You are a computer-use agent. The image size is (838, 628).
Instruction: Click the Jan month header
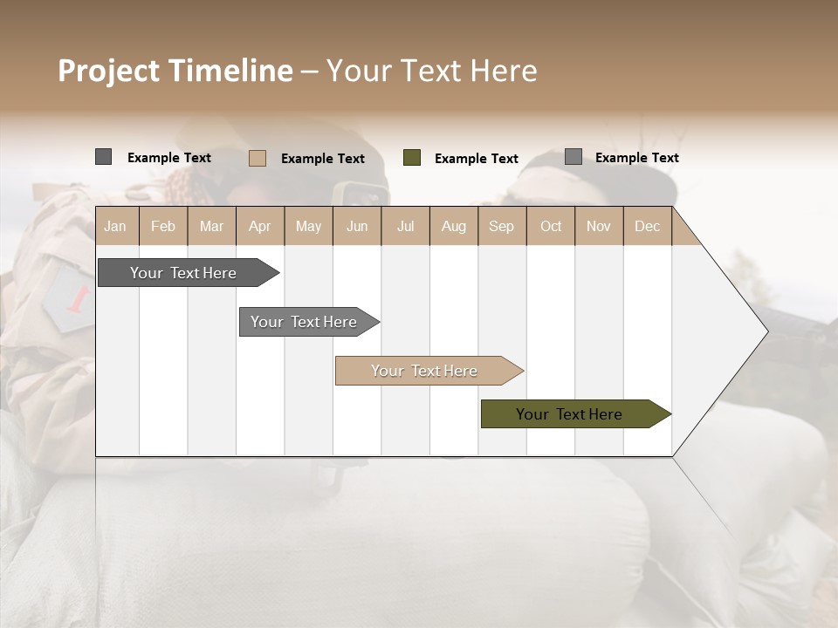pyautogui.click(x=115, y=226)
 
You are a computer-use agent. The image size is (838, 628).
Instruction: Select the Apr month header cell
pyautogui.click(x=259, y=226)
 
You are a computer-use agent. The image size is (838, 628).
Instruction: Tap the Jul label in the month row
pyautogui.click(x=405, y=226)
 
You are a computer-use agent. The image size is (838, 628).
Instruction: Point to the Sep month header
pyautogui.click(x=501, y=226)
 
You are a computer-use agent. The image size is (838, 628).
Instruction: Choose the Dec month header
pyautogui.click(x=647, y=226)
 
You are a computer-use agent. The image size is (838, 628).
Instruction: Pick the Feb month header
pyautogui.click(x=163, y=226)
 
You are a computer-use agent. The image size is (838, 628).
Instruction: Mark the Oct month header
pyautogui.click(x=551, y=226)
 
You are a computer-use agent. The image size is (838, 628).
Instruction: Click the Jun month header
pyautogui.click(x=357, y=226)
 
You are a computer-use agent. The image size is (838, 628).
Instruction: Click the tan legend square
pyautogui.click(x=258, y=158)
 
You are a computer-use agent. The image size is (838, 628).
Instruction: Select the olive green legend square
pyautogui.click(x=412, y=157)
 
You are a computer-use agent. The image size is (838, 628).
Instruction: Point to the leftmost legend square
pyautogui.click(x=103, y=157)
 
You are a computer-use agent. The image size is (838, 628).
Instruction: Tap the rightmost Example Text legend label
pyautogui.click(x=636, y=158)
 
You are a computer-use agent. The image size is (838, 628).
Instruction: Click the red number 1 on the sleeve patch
pyautogui.click(x=79, y=299)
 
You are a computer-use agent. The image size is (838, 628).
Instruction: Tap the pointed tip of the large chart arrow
pyautogui.click(x=766, y=331)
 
